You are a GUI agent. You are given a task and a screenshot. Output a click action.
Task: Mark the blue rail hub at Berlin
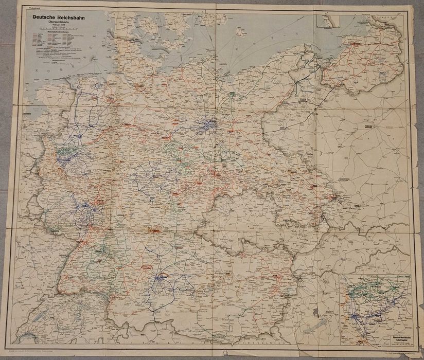click(x=211, y=123)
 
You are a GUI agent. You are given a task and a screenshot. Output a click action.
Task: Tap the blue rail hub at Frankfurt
click(x=94, y=209)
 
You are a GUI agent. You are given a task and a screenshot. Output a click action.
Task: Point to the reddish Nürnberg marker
click(x=154, y=231)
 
